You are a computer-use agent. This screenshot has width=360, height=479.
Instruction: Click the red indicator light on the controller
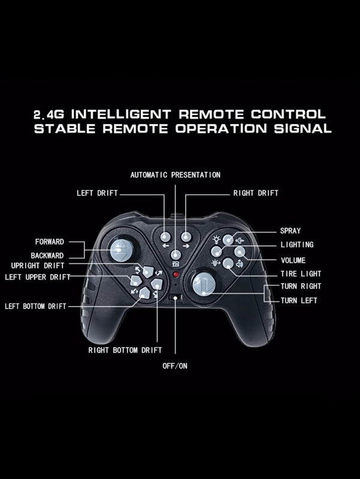(176, 274)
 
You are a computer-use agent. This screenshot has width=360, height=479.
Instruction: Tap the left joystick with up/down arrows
(122, 250)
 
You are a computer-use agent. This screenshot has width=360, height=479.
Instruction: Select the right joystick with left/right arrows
(204, 284)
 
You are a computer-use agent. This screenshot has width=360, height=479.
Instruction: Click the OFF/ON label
(175, 366)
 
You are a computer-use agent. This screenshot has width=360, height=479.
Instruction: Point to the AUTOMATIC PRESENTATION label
(175, 175)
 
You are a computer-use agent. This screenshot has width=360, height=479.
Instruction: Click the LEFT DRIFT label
(97, 193)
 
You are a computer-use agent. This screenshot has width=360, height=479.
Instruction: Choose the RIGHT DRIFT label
(256, 193)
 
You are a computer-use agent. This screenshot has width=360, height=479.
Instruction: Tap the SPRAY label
(291, 231)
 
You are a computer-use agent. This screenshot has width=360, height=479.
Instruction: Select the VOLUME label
(293, 260)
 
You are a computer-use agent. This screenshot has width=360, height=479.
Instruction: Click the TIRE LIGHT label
(301, 274)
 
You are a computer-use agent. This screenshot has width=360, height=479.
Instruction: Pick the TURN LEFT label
(298, 301)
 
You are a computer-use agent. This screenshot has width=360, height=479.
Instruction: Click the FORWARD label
(50, 242)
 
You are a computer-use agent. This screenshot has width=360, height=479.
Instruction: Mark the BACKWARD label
(47, 256)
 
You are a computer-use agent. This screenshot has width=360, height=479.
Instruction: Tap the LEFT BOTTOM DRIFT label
(35, 306)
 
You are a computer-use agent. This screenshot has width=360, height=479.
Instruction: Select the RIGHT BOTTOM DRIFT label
(125, 350)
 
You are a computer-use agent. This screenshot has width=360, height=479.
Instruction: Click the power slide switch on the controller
(176, 298)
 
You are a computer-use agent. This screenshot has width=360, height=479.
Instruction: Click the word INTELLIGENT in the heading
(121, 114)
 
